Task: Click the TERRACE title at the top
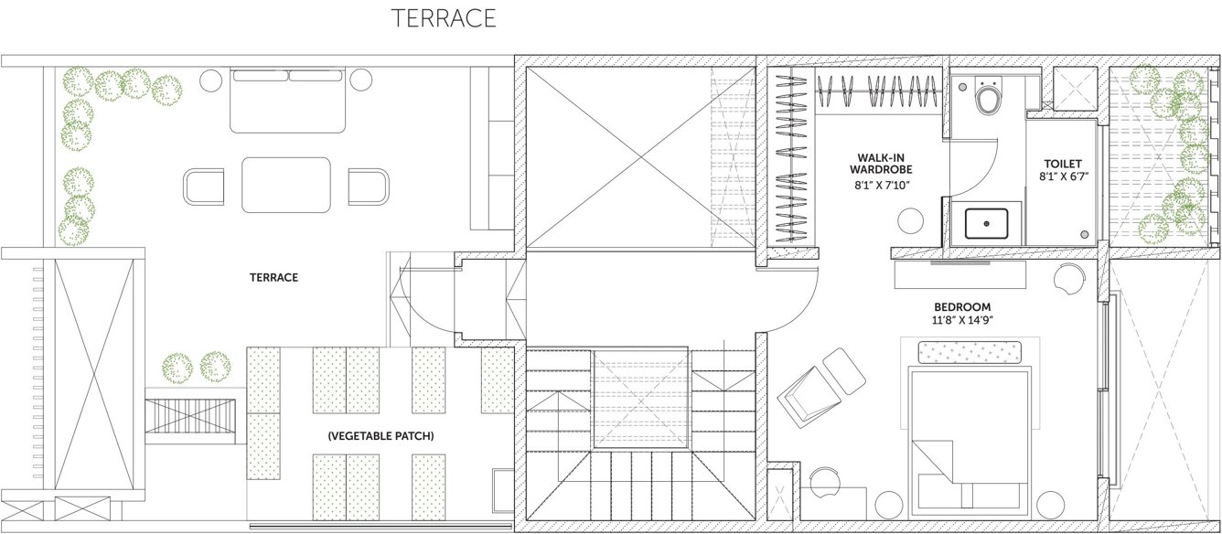coord(444,19)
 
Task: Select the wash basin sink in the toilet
coord(987,224)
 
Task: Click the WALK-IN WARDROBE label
coord(880,163)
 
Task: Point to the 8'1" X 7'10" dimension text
coord(881,186)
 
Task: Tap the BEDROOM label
coord(962,306)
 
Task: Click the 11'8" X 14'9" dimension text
coord(962,321)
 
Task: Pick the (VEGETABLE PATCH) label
coord(381,437)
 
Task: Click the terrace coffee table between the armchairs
coord(286,184)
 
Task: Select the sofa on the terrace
coord(288,97)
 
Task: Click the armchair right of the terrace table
coord(368,186)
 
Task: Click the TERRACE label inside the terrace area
coord(274,277)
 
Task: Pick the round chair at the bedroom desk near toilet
coord(1067,278)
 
